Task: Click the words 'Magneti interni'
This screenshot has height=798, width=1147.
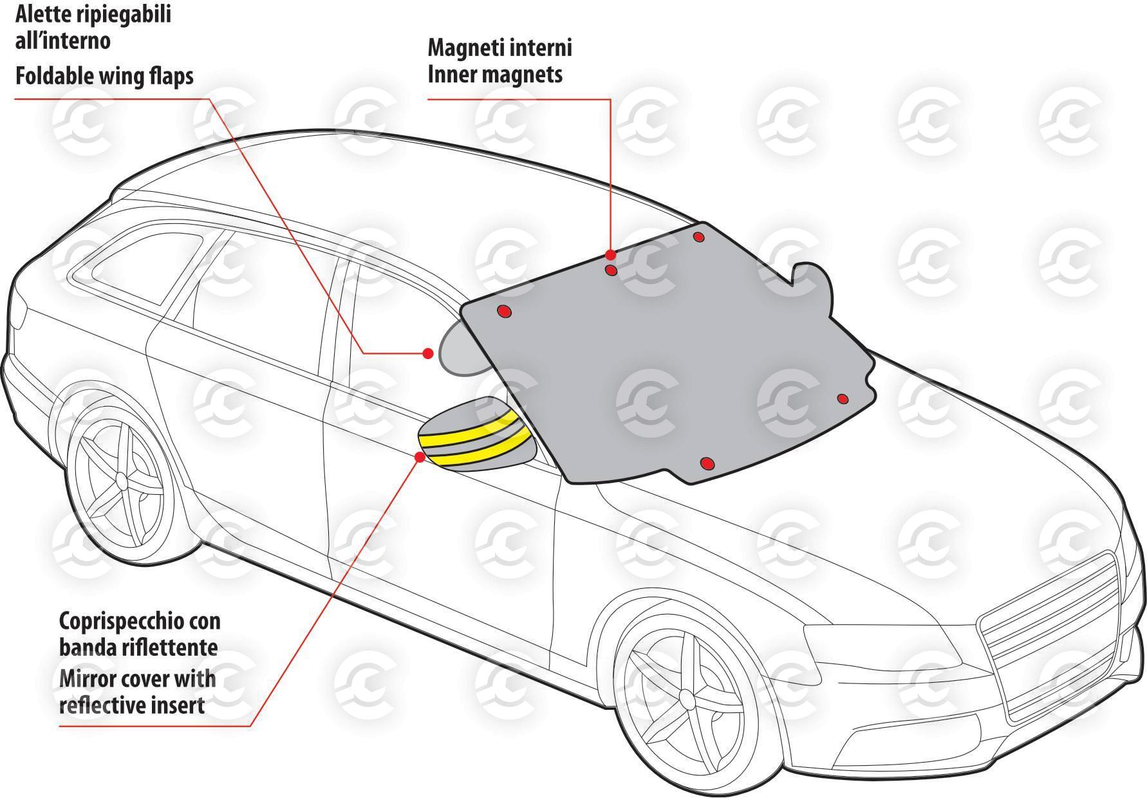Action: (x=499, y=48)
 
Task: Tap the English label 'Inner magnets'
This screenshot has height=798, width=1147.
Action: (x=495, y=75)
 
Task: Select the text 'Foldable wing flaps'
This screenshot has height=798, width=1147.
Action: (x=104, y=77)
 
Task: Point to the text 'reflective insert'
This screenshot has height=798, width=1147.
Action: (x=132, y=705)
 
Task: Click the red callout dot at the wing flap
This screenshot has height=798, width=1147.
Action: (x=427, y=353)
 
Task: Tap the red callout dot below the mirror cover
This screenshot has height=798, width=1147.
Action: (x=420, y=457)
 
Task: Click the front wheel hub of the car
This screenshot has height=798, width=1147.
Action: (x=686, y=699)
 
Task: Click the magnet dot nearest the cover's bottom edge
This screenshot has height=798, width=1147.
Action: (x=707, y=463)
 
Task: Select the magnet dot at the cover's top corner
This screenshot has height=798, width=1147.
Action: (x=699, y=237)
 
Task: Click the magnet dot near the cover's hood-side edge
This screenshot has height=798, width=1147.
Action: (x=843, y=399)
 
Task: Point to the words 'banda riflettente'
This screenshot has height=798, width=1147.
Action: (x=138, y=647)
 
